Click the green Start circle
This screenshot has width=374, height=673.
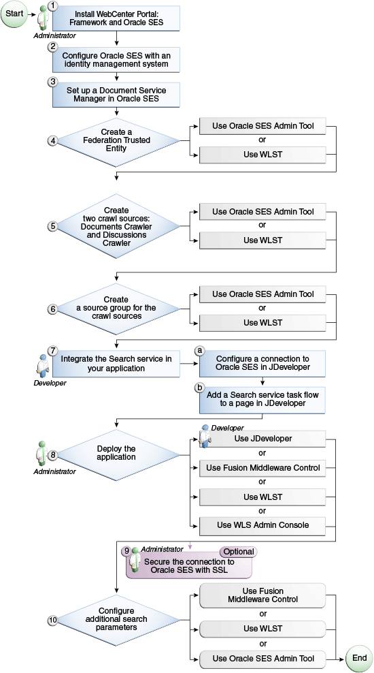coord(14,14)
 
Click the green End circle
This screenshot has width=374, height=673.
coord(358,658)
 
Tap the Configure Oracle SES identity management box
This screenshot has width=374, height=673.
coord(117,59)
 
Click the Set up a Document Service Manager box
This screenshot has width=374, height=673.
coord(117,95)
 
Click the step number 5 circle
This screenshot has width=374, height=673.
coord(52,225)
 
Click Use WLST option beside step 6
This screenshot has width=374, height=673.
coord(262,324)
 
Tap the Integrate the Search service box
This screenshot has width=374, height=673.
coord(117,362)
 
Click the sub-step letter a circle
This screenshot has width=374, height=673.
coord(199,350)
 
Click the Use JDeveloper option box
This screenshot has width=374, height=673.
coord(262,438)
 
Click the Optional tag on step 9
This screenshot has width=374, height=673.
coord(238,551)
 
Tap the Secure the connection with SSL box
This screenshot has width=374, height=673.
coord(188,566)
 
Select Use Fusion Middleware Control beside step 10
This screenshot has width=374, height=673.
coord(262,595)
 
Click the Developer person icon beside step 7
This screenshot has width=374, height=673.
coord(40,364)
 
